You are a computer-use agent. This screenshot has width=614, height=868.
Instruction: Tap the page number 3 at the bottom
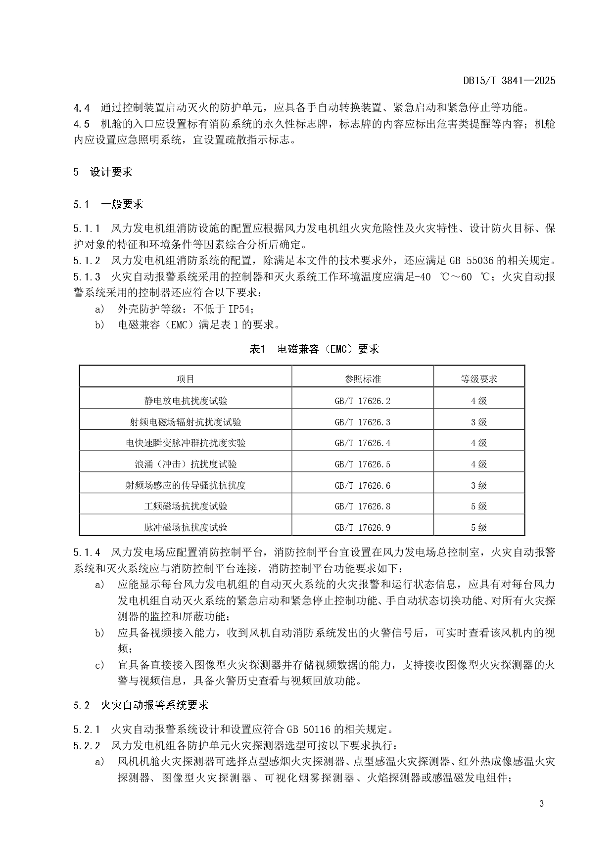click(x=541, y=804)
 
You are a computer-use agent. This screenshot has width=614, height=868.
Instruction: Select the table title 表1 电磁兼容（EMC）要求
click(x=314, y=349)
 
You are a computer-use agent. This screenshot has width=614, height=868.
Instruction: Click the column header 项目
click(x=186, y=379)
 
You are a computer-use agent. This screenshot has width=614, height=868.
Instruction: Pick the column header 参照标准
click(x=363, y=379)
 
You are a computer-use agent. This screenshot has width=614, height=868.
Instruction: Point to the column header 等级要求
click(x=479, y=379)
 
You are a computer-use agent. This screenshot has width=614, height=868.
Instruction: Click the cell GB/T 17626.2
click(x=363, y=401)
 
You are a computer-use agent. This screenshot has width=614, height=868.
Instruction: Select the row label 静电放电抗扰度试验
click(x=186, y=401)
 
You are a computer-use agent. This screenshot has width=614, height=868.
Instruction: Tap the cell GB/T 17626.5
click(x=363, y=464)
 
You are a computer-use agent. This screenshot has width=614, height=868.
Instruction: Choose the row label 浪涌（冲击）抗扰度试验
click(x=186, y=464)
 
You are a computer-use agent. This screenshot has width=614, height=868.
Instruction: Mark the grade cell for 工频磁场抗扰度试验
click(x=479, y=506)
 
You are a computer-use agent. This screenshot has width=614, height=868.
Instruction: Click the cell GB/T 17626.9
click(x=363, y=528)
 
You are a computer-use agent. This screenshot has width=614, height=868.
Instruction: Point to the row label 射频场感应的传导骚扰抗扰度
click(x=186, y=486)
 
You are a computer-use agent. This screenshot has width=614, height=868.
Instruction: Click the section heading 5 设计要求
click(x=103, y=172)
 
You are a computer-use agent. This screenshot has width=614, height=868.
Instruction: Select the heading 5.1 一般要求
click(x=108, y=204)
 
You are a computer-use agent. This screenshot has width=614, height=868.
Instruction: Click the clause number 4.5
click(x=82, y=124)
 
